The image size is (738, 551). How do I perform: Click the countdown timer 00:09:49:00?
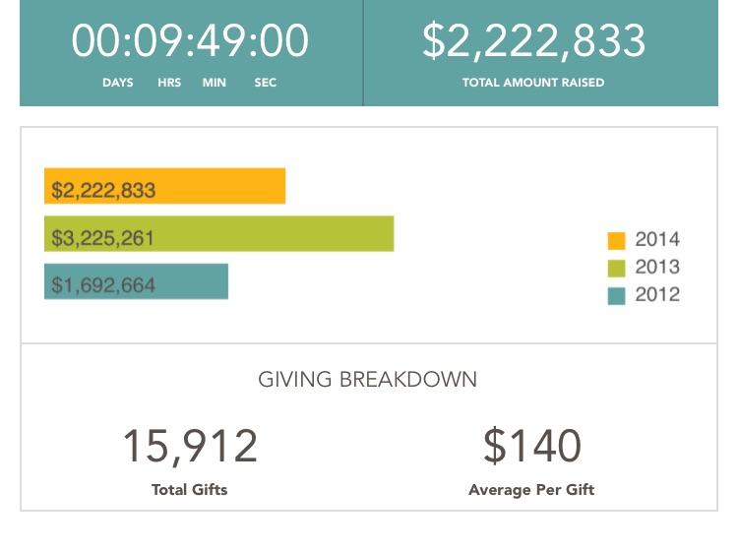pyautogui.click(x=190, y=41)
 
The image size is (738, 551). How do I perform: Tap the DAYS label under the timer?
pyautogui.click(x=118, y=83)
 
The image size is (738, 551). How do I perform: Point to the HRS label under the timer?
pyautogui.click(x=169, y=83)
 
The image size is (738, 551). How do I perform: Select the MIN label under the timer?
pyautogui.click(x=215, y=83)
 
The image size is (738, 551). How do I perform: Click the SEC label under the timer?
pyautogui.click(x=266, y=83)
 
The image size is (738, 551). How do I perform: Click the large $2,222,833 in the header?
pyautogui.click(x=534, y=41)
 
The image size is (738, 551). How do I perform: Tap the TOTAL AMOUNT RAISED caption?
pyautogui.click(x=533, y=83)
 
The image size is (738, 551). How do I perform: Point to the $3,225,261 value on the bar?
pyautogui.click(x=103, y=238)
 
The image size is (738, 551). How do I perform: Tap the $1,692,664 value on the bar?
pyautogui.click(x=103, y=285)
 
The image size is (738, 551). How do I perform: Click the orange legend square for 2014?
pyautogui.click(x=617, y=240)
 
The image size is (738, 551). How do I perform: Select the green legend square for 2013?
pyautogui.click(x=617, y=268)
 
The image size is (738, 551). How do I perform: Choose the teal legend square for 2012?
pyautogui.click(x=617, y=295)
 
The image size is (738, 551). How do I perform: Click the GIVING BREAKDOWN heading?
pyautogui.click(x=367, y=379)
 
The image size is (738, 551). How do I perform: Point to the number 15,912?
pyautogui.click(x=190, y=446)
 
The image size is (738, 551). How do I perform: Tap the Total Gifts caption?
pyautogui.click(x=190, y=489)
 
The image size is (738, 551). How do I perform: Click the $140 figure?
pyautogui.click(x=532, y=446)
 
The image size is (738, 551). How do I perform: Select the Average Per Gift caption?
pyautogui.click(x=531, y=489)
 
